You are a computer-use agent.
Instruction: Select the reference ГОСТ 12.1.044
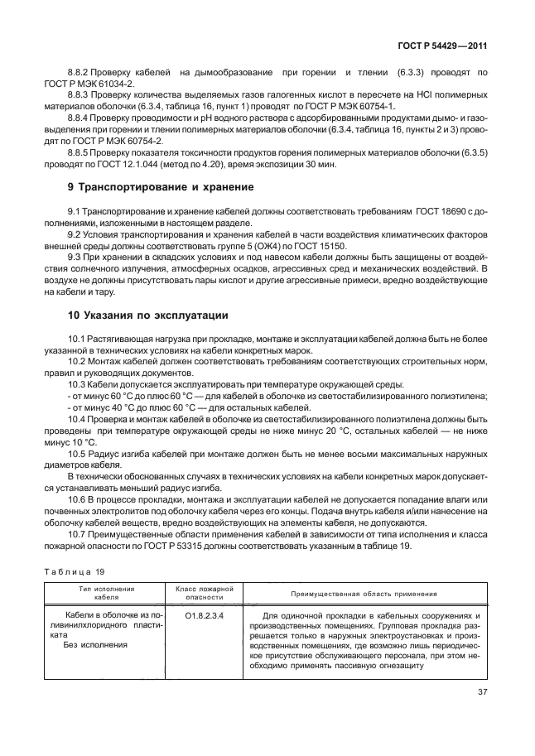[148, 165]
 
